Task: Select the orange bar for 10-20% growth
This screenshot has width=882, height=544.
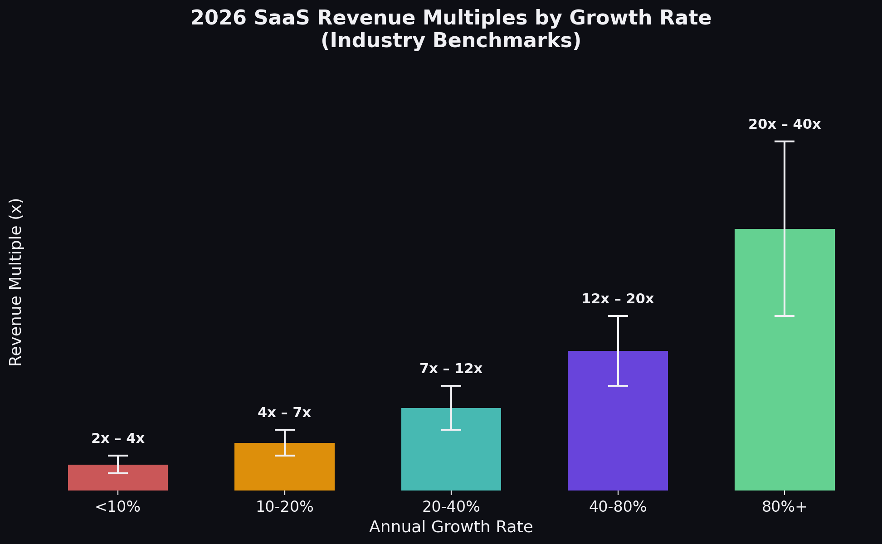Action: click(x=258, y=471)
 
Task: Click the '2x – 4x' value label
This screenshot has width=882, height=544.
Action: click(x=118, y=439)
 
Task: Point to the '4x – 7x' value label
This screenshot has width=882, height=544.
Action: click(x=284, y=413)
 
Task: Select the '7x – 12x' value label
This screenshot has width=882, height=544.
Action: click(x=451, y=369)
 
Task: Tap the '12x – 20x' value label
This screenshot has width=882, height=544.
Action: click(x=618, y=299)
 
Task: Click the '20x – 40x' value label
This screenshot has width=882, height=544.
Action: click(x=785, y=125)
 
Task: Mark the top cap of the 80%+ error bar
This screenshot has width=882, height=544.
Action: click(x=785, y=141)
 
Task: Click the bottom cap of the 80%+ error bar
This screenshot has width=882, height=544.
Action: click(x=785, y=316)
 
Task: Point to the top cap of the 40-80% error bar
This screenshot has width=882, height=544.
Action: click(x=618, y=316)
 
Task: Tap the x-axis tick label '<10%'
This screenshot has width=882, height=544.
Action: click(x=118, y=507)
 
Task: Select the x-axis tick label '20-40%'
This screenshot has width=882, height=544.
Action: click(x=451, y=507)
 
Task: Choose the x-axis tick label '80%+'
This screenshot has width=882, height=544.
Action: click(x=785, y=507)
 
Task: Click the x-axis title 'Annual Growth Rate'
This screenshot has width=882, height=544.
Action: click(x=451, y=527)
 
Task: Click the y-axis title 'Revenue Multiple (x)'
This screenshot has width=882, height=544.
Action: click(x=16, y=282)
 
